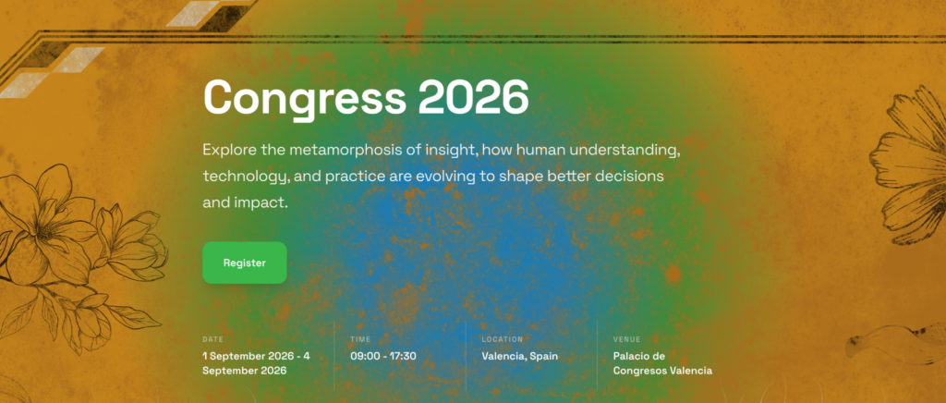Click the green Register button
pos(244,263)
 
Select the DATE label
pos(213,339)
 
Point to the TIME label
pos(361,339)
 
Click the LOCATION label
pos(502,339)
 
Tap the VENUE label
pos(627,339)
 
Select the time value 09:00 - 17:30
pos(383,356)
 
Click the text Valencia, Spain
pos(519,356)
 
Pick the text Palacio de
pos(639,356)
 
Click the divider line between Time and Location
pos(466,356)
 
